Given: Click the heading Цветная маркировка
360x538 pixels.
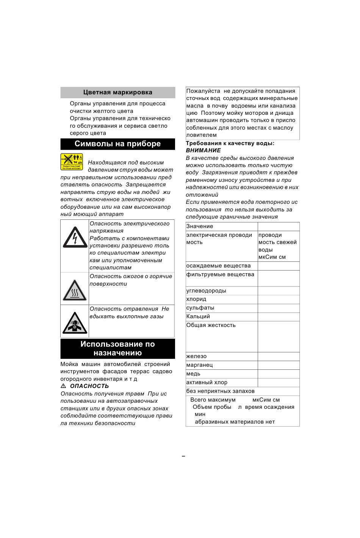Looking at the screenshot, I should click(x=118, y=92).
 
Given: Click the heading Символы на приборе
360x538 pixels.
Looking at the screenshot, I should click(x=118, y=144).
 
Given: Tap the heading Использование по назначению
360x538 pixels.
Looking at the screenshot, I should click(x=118, y=349).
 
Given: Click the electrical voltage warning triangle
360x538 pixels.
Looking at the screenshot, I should click(x=75, y=238).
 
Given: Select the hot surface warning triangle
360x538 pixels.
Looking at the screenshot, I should click(x=75, y=291).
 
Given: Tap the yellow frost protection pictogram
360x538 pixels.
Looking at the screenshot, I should click(x=72, y=162).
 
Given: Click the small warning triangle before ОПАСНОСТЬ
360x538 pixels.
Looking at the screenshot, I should click(x=63, y=386).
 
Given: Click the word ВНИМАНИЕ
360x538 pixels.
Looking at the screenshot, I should click(x=203, y=150).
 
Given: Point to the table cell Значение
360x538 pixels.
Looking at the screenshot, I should click(x=200, y=226).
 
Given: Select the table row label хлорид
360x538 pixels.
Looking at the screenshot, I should click(x=196, y=299).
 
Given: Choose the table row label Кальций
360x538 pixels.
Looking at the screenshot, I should click(x=198, y=316).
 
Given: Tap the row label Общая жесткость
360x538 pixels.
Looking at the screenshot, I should click(x=211, y=325).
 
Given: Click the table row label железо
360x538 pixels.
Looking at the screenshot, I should click(x=196, y=356).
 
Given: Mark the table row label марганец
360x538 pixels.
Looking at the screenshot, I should click(x=199, y=365).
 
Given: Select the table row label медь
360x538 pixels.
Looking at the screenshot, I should click(x=193, y=374).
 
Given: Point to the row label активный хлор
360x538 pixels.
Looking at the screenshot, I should click(x=207, y=382).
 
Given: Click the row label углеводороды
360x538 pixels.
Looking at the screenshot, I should click(x=206, y=291).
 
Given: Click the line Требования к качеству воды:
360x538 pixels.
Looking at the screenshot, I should click(x=230, y=143).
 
